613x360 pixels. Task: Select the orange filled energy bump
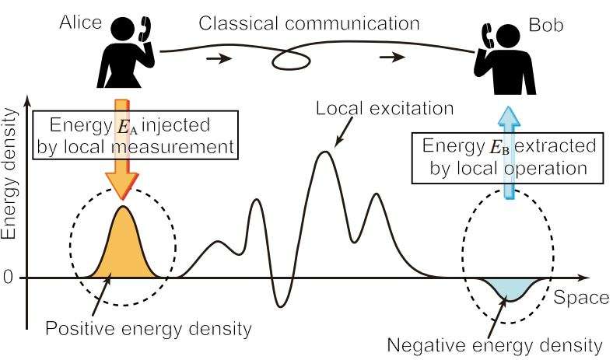(x=122, y=249)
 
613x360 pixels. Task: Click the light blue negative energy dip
(x=510, y=288)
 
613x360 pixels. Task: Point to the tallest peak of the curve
(x=326, y=152)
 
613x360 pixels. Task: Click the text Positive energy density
(x=149, y=329)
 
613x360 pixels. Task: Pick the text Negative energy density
(x=495, y=344)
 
